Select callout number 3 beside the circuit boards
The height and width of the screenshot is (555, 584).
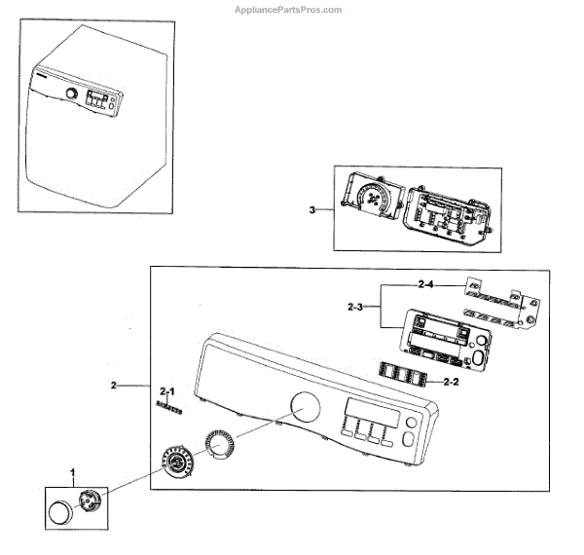(x=310, y=209)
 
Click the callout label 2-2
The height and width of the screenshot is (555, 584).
(x=450, y=382)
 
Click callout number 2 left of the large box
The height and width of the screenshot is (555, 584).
(x=114, y=387)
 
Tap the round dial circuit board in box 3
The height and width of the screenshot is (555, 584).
(x=369, y=201)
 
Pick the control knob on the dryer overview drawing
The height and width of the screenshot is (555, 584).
(x=70, y=93)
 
